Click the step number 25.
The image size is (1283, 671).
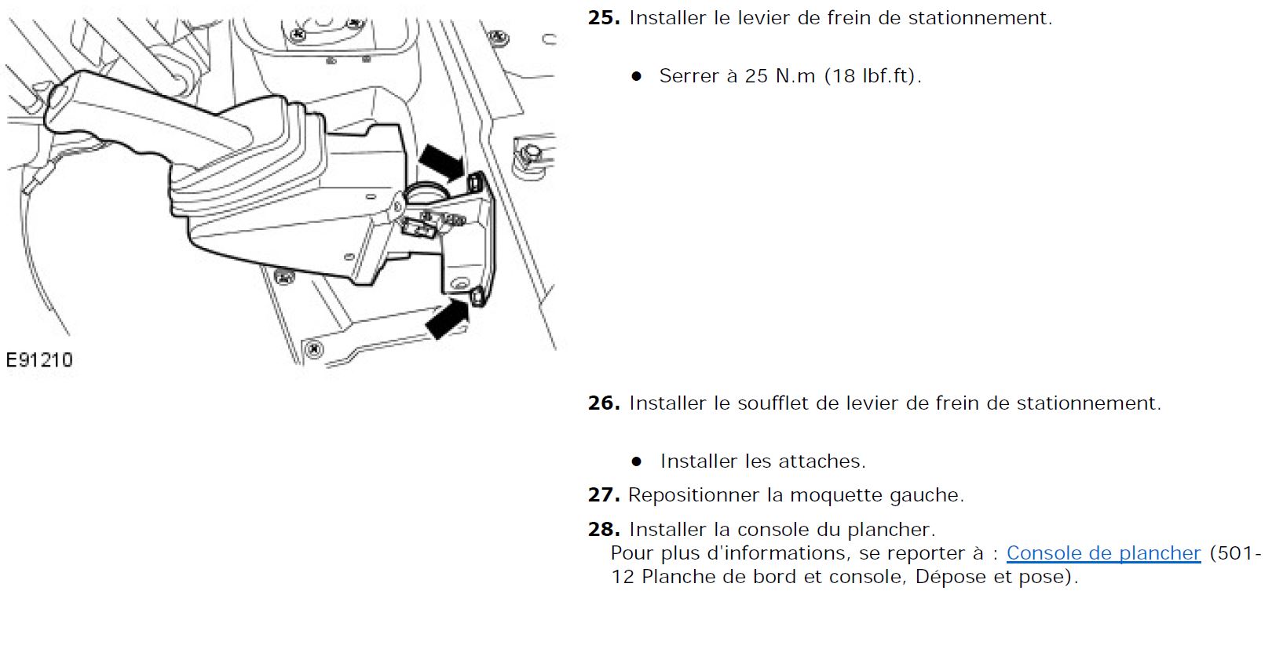604,18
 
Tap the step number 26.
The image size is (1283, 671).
604,403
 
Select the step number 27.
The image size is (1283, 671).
604,495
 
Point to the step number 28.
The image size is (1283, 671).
604,530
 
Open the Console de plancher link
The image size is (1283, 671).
1103,553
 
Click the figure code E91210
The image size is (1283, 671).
39,360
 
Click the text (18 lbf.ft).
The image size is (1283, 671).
873,76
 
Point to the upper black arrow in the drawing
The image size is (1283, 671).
441,161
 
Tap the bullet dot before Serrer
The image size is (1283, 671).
636,76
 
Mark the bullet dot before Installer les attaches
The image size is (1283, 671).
636,461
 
